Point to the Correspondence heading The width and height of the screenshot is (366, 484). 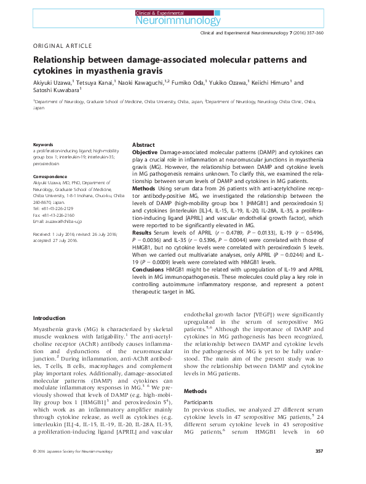pos(51,177)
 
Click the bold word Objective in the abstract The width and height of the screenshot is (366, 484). pos(145,151)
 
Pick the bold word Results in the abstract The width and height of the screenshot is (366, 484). pos(143,233)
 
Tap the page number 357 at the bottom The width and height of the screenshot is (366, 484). pos(319,469)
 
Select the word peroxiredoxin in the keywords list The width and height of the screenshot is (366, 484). pos(50,165)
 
